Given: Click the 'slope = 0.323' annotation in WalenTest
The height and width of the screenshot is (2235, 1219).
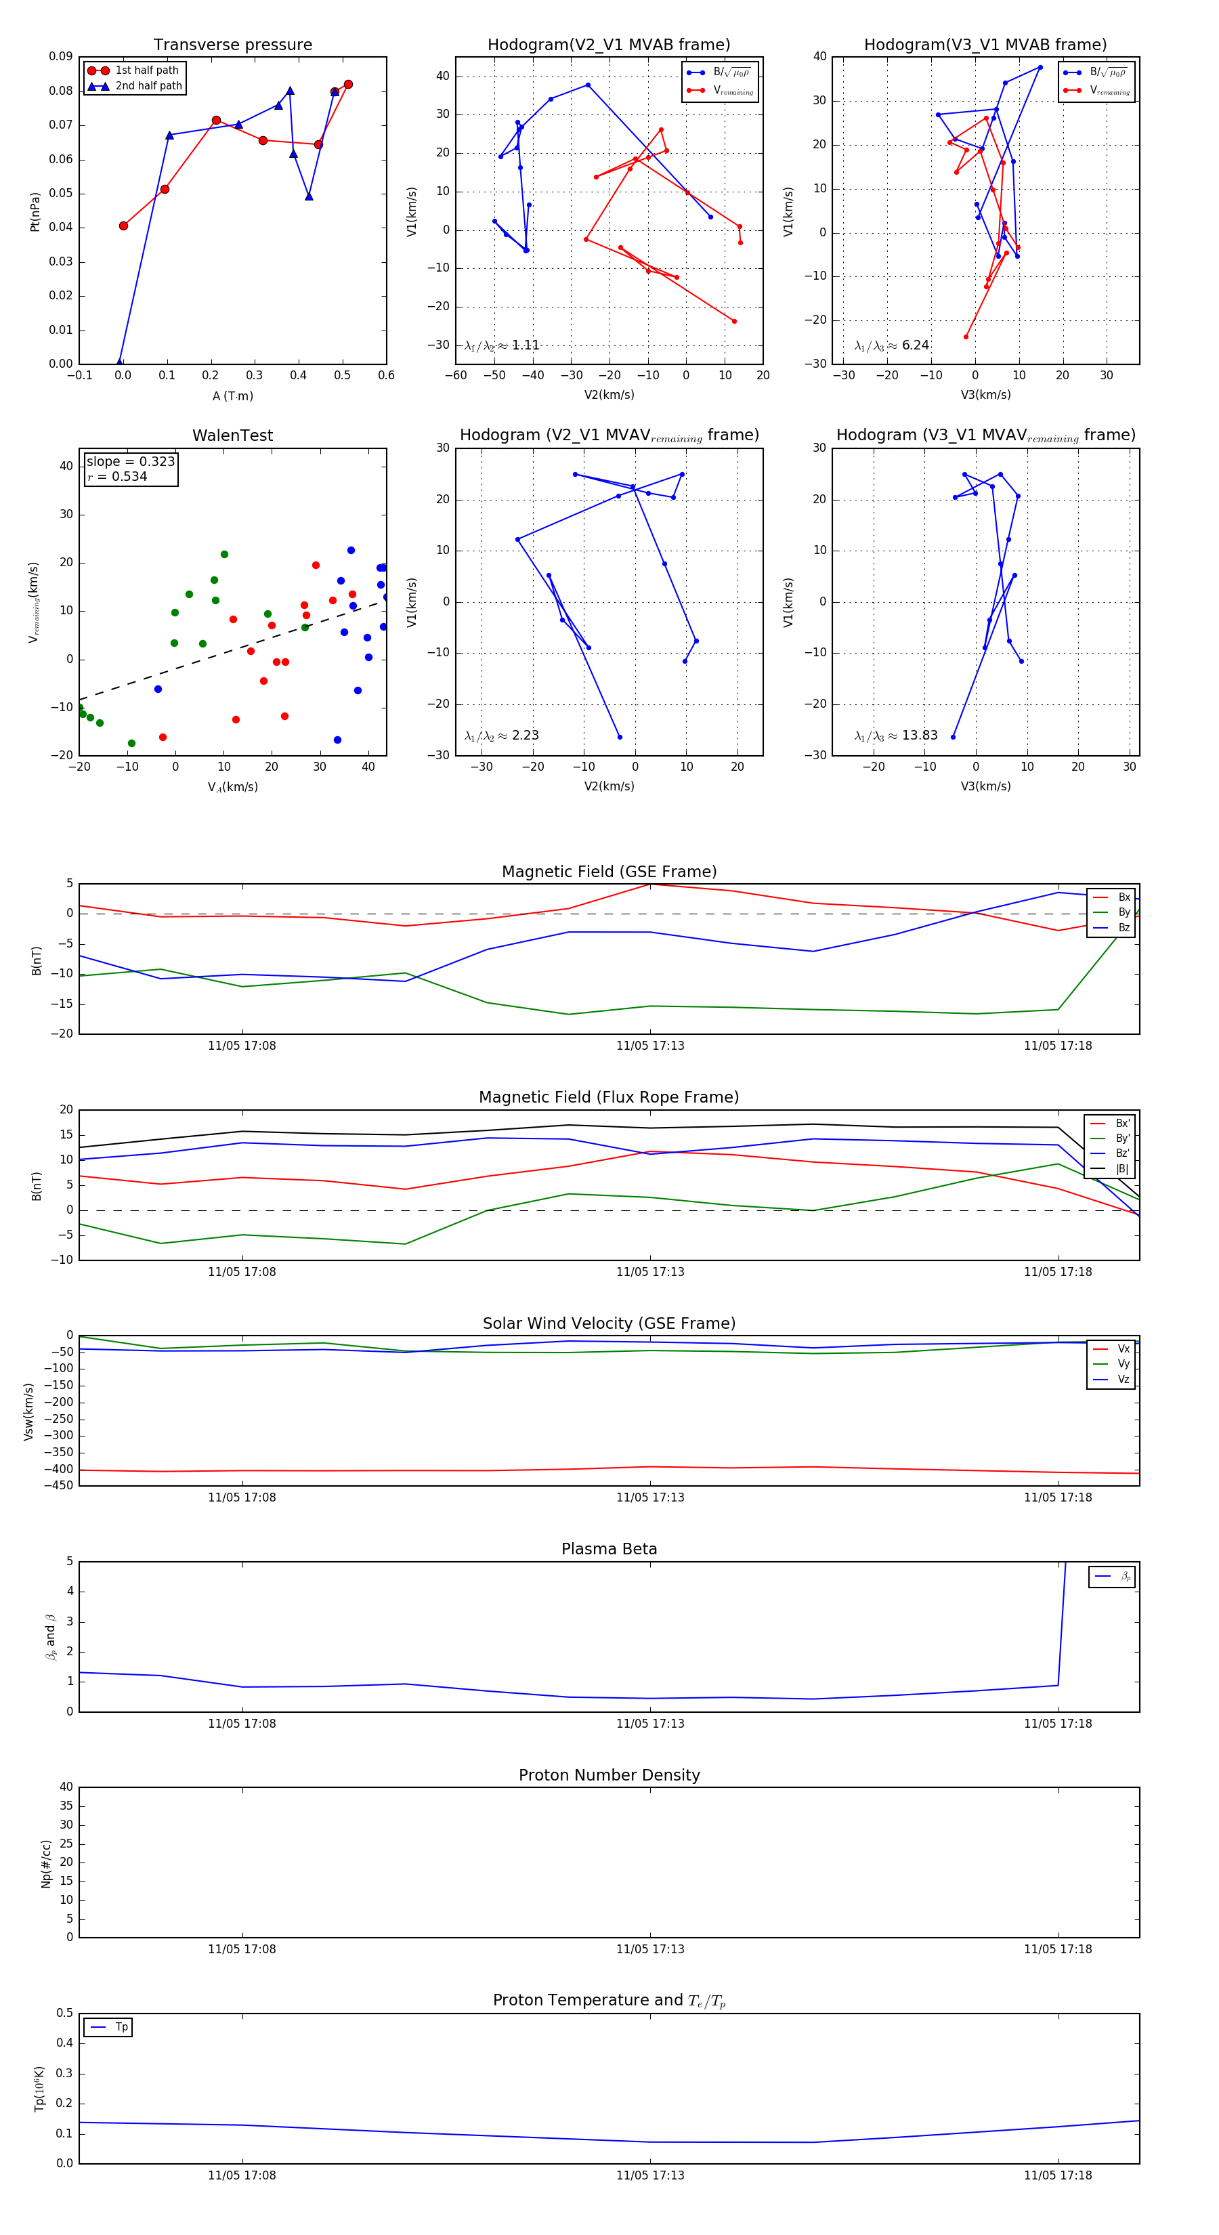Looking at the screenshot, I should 130,462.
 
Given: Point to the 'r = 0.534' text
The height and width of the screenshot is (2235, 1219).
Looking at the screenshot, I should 117,476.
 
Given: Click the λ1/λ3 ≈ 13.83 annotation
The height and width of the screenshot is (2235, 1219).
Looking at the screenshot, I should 895,736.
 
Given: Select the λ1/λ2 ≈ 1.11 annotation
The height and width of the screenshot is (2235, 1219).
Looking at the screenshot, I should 501,345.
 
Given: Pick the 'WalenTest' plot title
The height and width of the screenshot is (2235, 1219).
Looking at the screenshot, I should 232,435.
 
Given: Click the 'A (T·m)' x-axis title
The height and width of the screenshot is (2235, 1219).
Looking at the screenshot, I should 232,396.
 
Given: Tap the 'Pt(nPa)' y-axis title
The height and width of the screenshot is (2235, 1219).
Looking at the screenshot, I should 35,211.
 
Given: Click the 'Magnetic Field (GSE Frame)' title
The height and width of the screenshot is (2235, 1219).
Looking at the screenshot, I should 609,871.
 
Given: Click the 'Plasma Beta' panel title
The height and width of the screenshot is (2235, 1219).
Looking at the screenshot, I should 609,1549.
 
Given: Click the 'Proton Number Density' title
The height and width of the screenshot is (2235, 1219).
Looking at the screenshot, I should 609,1774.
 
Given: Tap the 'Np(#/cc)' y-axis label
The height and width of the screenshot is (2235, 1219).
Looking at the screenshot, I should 46,1862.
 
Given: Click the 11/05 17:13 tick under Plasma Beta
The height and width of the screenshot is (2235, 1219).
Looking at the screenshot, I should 650,1723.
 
